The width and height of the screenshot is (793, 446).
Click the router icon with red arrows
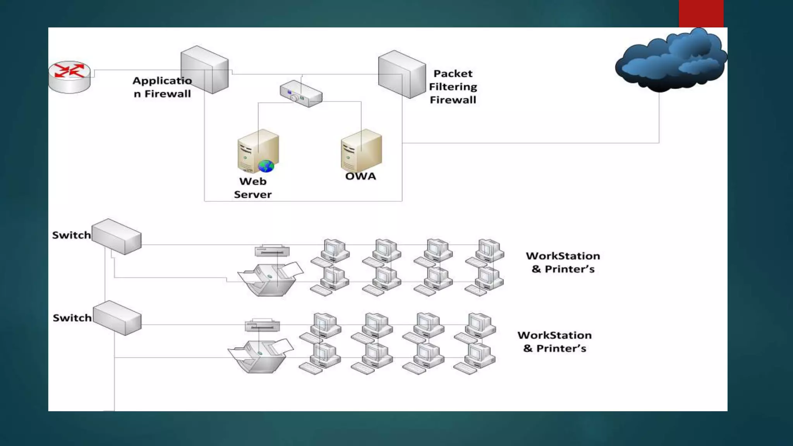(x=69, y=77)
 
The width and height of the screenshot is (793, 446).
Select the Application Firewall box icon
(x=205, y=70)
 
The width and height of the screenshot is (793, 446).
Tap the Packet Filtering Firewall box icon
(x=402, y=74)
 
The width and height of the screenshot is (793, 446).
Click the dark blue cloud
(x=671, y=61)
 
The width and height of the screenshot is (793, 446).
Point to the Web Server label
(x=252, y=188)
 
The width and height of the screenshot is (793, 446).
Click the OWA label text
(x=360, y=177)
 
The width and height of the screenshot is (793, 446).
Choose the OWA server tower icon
(x=361, y=151)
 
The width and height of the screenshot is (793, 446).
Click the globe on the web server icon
(x=266, y=166)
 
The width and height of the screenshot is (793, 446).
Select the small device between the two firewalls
(x=301, y=93)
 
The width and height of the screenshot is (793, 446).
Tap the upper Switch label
(x=71, y=235)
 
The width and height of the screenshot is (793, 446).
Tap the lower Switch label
(x=72, y=318)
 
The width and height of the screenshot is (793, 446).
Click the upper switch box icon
(x=117, y=237)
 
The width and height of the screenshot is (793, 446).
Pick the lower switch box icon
(x=117, y=318)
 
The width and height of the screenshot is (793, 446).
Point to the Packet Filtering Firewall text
(x=453, y=87)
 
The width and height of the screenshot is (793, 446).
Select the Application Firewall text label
(x=162, y=87)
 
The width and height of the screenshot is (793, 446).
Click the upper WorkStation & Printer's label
(x=563, y=262)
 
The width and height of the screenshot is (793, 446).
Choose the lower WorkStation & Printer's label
(x=554, y=342)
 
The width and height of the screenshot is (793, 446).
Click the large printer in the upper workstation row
(x=270, y=279)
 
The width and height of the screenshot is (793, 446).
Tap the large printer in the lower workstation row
(x=260, y=356)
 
